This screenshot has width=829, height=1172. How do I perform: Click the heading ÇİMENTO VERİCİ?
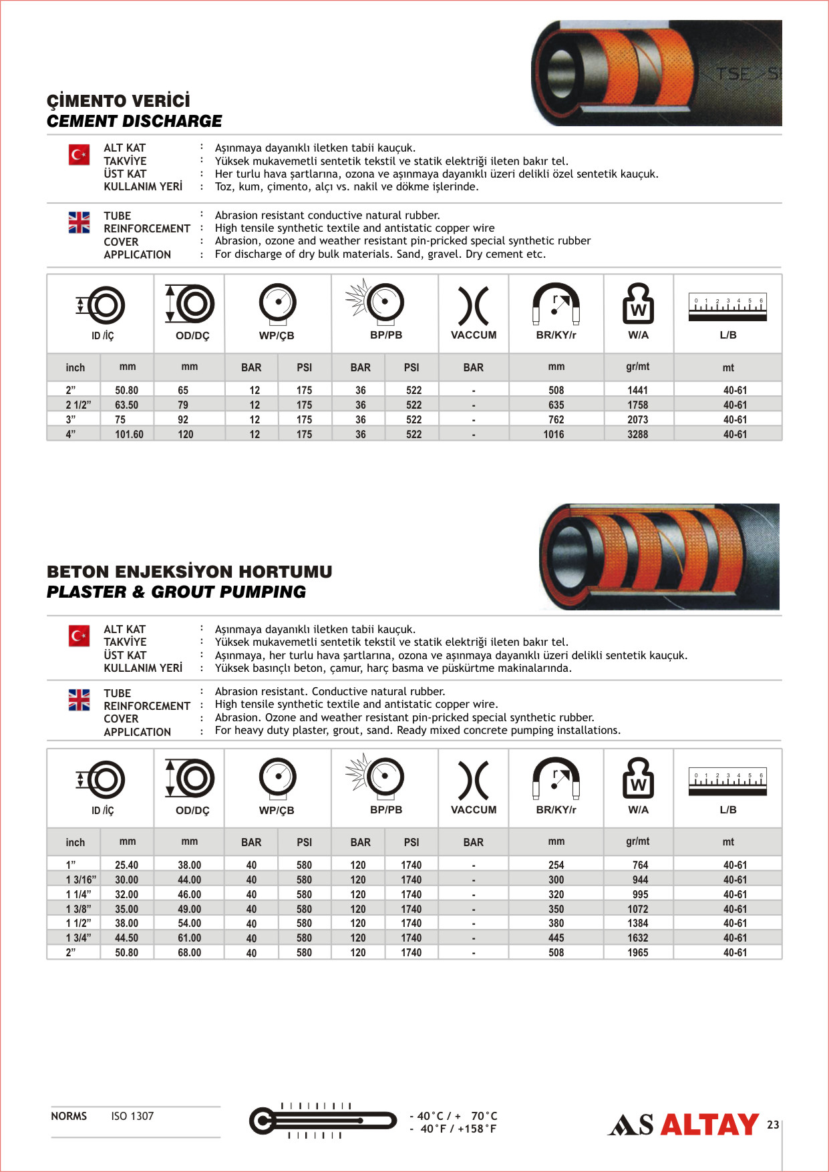118,101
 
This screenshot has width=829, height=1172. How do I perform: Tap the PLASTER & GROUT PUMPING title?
176,592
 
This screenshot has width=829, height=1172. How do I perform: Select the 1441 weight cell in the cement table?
637,390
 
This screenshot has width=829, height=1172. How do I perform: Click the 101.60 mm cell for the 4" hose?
129,434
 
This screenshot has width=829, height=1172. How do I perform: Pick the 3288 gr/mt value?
637,434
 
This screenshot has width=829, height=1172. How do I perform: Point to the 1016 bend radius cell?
554,434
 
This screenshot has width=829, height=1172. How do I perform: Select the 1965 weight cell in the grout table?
637,952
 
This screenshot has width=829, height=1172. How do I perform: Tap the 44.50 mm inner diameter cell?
127,938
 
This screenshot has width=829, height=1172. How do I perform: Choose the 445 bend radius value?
556,938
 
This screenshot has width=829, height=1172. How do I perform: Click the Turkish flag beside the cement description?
79,155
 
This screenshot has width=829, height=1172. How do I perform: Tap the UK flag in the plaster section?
79,699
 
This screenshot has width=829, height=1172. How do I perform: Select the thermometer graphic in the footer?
323,1120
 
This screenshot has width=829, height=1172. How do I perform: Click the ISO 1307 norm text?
132,1116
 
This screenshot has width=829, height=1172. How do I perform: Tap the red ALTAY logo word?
709,1125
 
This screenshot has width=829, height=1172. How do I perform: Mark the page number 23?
773,1125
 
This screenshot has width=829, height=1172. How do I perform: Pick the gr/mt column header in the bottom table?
637,841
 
